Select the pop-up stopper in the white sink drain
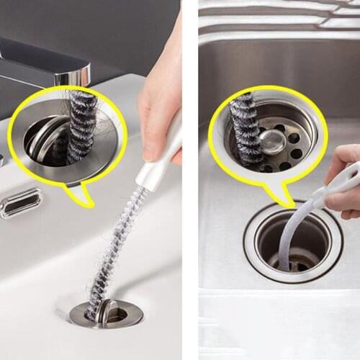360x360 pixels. pyautogui.click(x=108, y=312)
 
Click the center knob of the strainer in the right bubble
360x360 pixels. pyautogui.click(x=272, y=142)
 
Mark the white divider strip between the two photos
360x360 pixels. pyautogui.click(x=190, y=180)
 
